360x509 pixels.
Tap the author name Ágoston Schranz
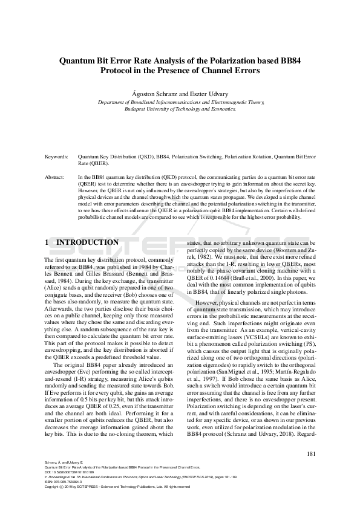point(152,95)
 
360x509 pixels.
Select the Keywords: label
point(57,157)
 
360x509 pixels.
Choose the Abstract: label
point(56,178)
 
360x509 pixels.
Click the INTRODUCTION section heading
point(87,242)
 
